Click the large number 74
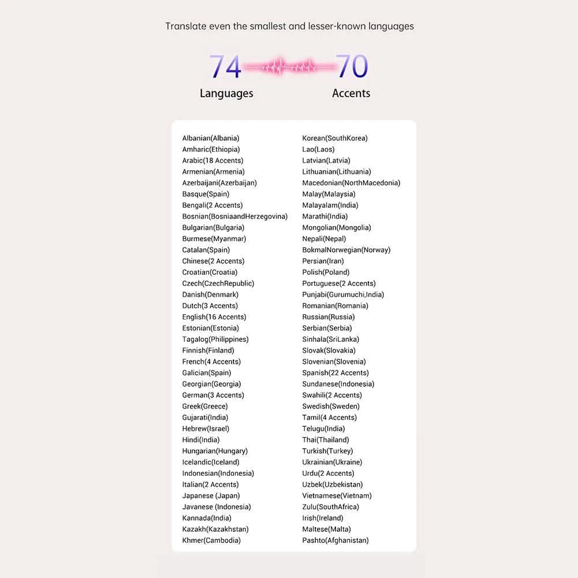pos(225,66)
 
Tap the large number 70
pos(352,66)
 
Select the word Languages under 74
pos(226,93)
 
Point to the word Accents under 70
pos(351,93)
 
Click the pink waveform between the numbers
pos(289,67)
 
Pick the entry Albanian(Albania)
pos(211,138)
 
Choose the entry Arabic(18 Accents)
pos(212,161)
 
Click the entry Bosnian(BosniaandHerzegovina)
pos(234,217)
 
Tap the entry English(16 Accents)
pos(214,317)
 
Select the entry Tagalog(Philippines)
pos(215,340)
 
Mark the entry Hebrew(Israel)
pos(206,429)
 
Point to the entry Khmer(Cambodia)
pos(211,540)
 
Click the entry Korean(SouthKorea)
pos(335,138)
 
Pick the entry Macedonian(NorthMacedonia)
pos(351,183)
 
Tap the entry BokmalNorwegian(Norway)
pos(346,250)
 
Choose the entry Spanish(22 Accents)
pos(335,373)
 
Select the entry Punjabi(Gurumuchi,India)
pos(343,294)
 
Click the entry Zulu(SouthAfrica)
pos(330,507)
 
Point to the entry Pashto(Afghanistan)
pos(335,540)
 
